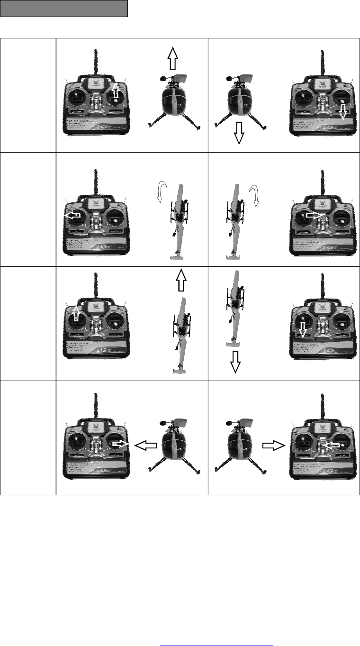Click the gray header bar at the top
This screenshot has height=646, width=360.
pyautogui.click(x=64, y=9)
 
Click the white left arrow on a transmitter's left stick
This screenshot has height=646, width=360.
pyautogui.click(x=72, y=215)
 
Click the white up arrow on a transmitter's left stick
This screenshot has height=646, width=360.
pyautogui.click(x=76, y=314)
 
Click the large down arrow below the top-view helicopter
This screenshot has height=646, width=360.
pyautogui.click(x=235, y=363)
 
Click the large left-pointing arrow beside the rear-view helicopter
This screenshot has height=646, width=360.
pyautogui.click(x=146, y=445)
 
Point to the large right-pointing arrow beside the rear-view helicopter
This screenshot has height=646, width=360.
pyautogui.click(x=272, y=445)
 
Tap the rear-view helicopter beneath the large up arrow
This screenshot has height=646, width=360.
pyautogui.click(x=174, y=102)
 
